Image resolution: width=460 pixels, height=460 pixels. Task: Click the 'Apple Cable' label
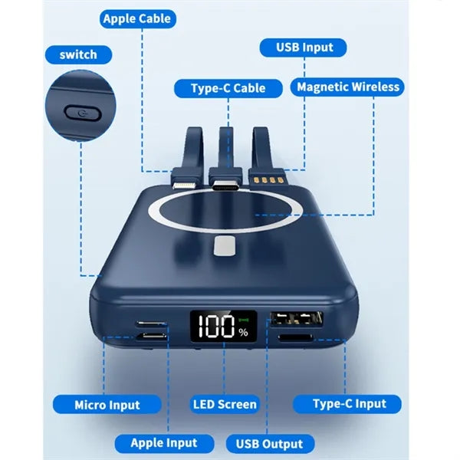pos(137,19)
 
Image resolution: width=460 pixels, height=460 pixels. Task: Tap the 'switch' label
pos(78,55)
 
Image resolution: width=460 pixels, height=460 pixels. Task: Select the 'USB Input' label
pos(304,48)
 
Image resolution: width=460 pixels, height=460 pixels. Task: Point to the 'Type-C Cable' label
pos(228,88)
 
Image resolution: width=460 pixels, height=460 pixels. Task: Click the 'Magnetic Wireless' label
pos(347,87)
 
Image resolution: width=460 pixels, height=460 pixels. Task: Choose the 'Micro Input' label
pos(107,405)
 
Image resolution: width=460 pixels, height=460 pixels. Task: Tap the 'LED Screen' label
pos(225,404)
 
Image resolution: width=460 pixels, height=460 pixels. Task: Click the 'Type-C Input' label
pos(347,404)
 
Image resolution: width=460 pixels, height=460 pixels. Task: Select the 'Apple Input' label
pos(164,443)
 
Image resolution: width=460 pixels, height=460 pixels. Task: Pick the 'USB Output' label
pos(270,444)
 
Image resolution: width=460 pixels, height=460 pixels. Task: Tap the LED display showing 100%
pos(224,326)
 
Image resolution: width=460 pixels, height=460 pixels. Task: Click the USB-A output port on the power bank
pos(297,319)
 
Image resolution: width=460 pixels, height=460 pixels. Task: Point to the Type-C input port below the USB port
pos(295,338)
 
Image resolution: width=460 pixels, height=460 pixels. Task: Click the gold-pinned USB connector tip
pos(266,179)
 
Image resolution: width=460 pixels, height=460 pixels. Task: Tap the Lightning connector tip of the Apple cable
pos(183,185)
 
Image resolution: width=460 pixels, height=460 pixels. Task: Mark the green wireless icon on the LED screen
pos(244,320)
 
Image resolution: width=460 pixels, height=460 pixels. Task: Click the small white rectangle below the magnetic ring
pos(225,246)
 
